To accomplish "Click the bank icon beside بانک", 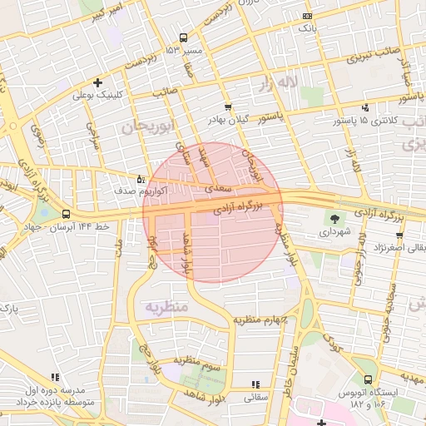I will (x=308, y=16).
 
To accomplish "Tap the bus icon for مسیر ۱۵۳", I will (x=183, y=37).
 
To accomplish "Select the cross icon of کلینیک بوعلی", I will (x=99, y=82).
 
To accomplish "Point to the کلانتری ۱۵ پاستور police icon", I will (x=366, y=107).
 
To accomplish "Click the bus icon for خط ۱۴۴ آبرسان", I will (x=66, y=214).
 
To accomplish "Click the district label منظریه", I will (x=168, y=307).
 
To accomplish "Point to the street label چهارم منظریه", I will (x=260, y=319).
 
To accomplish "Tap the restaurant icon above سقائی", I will (x=255, y=384).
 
